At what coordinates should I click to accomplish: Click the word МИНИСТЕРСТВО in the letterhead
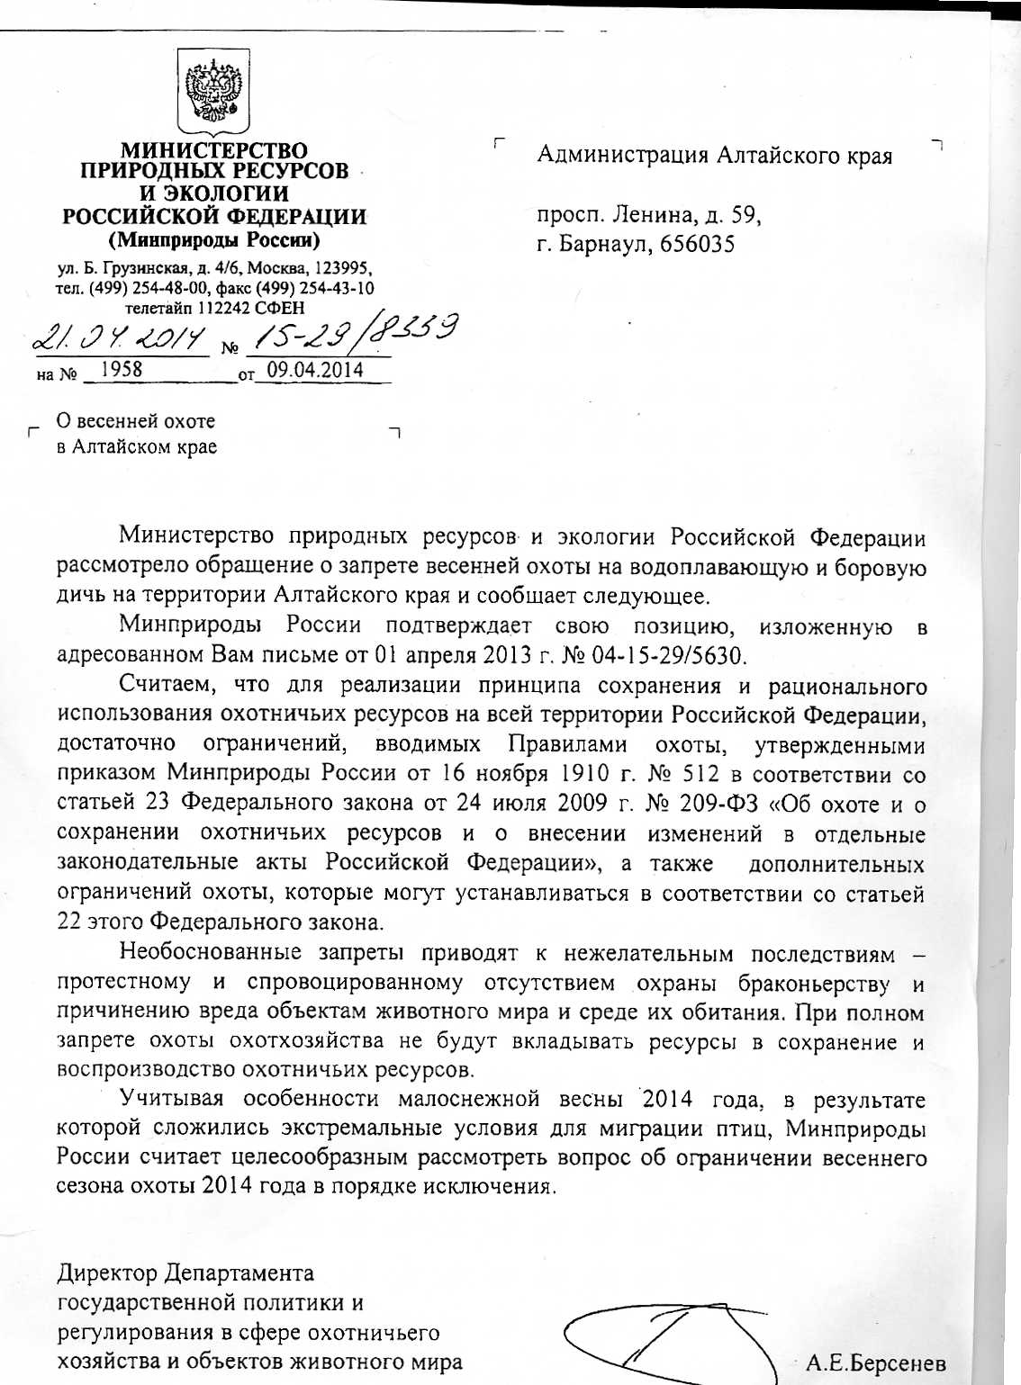[x=214, y=150]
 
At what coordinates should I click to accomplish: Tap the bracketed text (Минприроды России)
[x=214, y=240]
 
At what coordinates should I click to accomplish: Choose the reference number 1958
[x=121, y=369]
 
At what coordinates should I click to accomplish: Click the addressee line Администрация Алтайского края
[x=714, y=156]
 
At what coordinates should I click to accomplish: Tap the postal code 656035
[x=698, y=244]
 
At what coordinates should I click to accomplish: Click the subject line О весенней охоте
[x=136, y=420]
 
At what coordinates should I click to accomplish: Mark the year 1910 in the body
[x=585, y=773]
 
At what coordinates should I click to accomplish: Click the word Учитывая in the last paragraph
[x=170, y=1099]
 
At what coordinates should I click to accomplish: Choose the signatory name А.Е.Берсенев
[x=875, y=1363]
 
